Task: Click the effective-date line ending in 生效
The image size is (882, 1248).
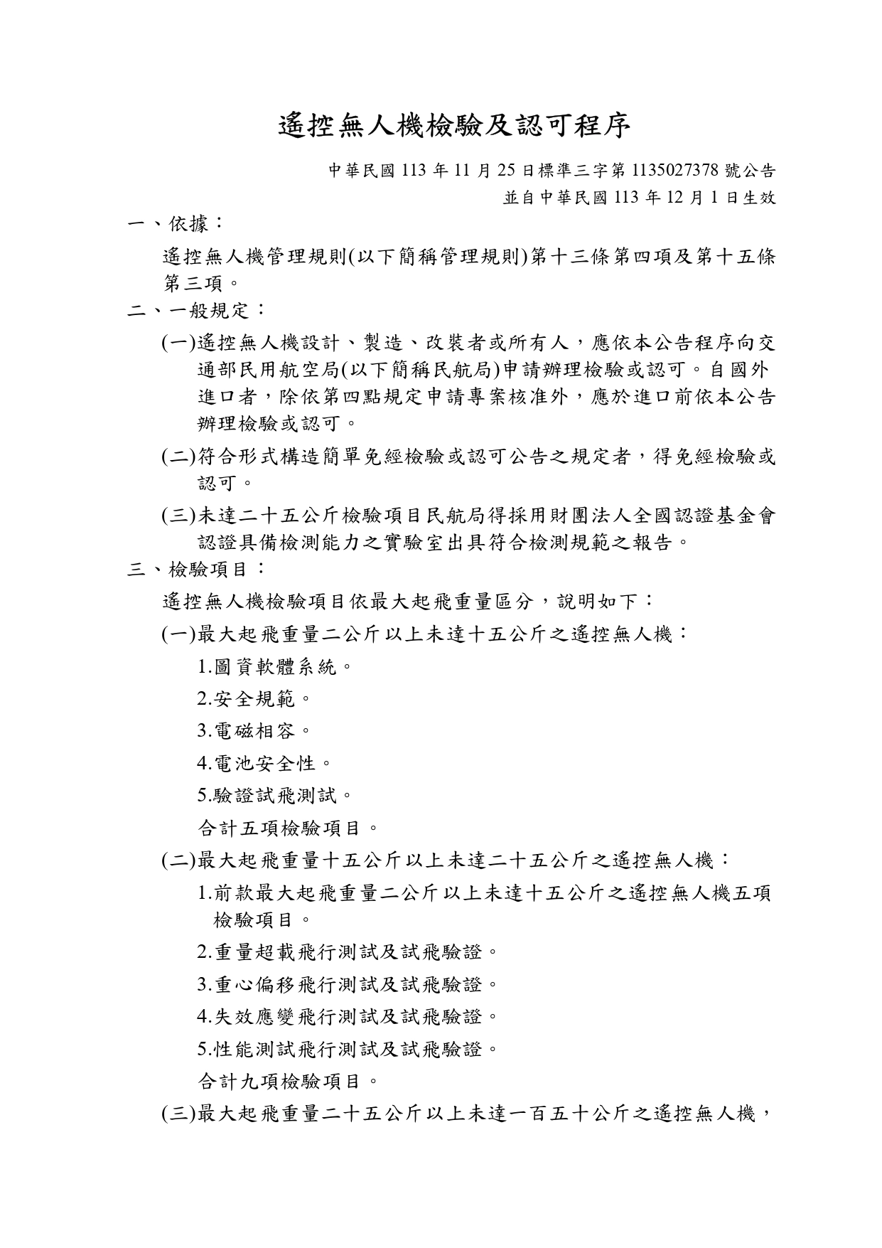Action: tap(639, 198)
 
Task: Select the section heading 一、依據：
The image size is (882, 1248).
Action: tap(176, 224)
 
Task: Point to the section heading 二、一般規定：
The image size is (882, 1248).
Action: tap(196, 310)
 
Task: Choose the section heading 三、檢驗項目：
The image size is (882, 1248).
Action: tap(196, 569)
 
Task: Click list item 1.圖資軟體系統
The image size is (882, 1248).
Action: tap(274, 667)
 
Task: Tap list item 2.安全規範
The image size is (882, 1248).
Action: tap(254, 699)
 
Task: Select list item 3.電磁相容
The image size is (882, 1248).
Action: tap(254, 730)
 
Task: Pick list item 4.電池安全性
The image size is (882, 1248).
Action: tap(264, 763)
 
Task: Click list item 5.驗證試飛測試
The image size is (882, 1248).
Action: tap(274, 794)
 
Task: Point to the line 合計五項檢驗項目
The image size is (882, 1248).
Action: tap(287, 828)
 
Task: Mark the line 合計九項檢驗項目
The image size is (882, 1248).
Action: tap(287, 1082)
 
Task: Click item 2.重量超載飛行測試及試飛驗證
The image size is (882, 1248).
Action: tap(348, 951)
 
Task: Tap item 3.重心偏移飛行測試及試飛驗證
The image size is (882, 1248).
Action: tap(348, 984)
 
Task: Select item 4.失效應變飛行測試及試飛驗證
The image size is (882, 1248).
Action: tap(348, 1016)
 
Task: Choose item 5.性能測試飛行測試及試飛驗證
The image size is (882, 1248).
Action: tap(348, 1049)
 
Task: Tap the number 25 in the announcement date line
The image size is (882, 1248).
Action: tap(505, 171)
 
